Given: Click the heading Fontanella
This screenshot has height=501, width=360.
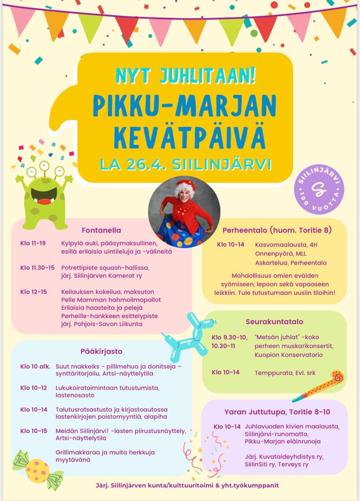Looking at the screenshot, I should (101, 230).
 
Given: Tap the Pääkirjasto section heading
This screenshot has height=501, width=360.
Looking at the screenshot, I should (101, 351).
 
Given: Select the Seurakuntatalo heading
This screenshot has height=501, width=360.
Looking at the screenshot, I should (274, 322).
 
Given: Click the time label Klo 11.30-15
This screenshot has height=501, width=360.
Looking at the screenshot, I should (37, 268).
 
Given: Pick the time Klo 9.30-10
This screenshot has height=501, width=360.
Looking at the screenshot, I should (229, 337).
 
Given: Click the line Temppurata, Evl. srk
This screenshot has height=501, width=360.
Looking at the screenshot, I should (285, 373).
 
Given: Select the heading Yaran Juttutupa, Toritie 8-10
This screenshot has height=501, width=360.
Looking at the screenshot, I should (277, 412).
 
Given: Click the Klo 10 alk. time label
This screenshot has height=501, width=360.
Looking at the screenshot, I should (35, 366).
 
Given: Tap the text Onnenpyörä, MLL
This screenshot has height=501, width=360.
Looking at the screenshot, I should (280, 254).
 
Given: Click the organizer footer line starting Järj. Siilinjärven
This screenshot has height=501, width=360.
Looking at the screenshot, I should (187, 486).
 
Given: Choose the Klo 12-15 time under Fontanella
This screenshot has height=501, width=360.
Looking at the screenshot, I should (33, 292).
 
